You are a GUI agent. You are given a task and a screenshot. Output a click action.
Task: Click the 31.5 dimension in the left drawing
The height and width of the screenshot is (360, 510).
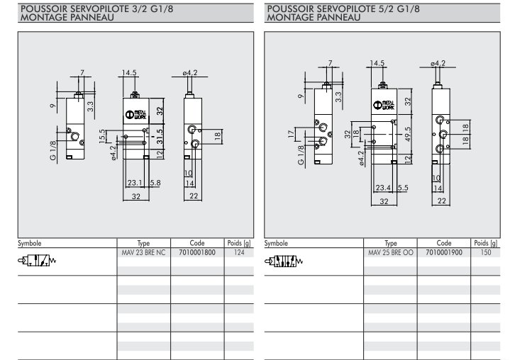[160, 135]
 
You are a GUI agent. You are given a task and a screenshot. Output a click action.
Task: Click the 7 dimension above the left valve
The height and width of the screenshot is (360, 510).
[82, 72]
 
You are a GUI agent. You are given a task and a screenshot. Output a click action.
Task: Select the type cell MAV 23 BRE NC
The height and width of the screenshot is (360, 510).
[142, 252]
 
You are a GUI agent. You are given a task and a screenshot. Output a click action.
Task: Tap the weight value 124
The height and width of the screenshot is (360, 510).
[238, 252]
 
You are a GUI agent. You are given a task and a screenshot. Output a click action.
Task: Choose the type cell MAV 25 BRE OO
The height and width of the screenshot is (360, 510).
[390, 252]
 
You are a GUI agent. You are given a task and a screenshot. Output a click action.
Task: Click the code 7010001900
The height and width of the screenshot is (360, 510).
[444, 252]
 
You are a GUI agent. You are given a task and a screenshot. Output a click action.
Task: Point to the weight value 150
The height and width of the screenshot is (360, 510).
[485, 252]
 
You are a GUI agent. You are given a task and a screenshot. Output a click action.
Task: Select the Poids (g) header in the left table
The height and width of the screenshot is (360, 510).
[238, 242]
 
